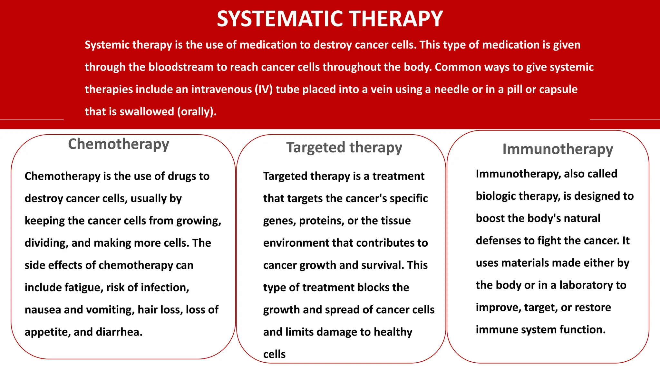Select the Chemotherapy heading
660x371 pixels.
118,144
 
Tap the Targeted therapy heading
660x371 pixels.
344,147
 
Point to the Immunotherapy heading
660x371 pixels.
558,149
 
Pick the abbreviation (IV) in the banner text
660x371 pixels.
264,89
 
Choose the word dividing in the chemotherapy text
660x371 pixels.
46,243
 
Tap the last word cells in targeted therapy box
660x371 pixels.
274,354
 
